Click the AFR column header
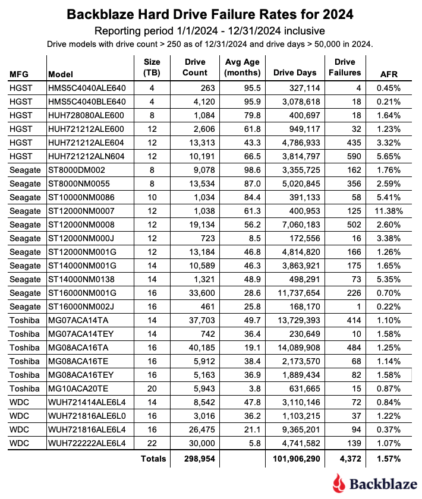(x=389, y=75)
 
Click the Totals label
(x=153, y=459)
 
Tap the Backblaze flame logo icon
(x=339, y=482)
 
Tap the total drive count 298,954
(x=191, y=459)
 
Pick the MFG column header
(x=18, y=75)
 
